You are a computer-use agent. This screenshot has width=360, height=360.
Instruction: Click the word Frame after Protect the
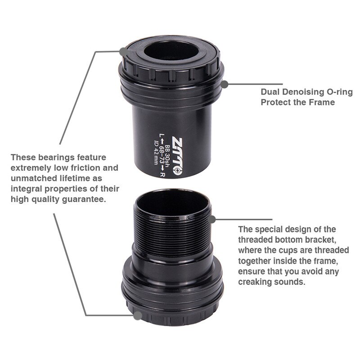point(320,102)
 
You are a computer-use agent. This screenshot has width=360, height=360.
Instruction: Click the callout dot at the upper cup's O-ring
point(225,83)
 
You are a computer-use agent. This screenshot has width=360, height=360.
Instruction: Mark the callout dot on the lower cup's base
point(136,316)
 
